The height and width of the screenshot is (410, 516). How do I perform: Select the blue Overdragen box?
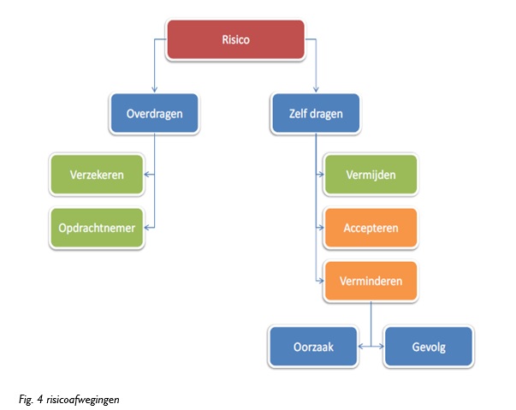(155, 113)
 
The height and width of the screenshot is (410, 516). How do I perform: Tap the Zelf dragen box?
(317, 113)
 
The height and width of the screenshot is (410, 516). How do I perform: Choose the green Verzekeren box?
(97, 175)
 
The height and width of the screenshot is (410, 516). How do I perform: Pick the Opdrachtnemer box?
(97, 228)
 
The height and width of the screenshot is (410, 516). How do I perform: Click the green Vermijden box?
(371, 175)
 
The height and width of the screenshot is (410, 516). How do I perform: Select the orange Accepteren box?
(371, 228)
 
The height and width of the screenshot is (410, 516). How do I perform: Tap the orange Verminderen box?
(371, 280)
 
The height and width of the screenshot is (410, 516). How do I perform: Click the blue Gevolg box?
(427, 347)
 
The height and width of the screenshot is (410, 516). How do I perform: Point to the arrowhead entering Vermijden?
(320, 175)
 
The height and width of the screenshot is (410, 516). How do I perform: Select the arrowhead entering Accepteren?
(320, 228)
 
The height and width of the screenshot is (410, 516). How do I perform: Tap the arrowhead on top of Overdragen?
(155, 89)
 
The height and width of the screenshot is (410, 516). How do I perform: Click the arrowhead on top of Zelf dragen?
(317, 89)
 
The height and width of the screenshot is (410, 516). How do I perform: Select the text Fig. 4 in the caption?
(30, 399)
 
